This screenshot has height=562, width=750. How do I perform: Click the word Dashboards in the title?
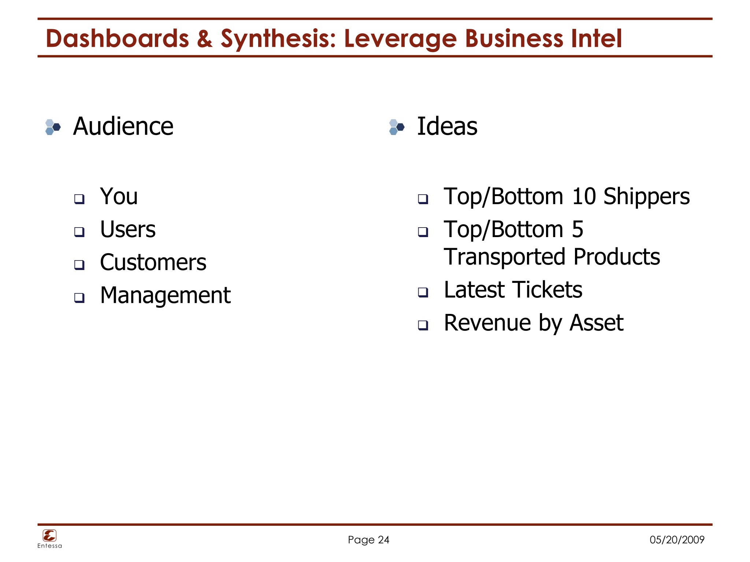(117, 39)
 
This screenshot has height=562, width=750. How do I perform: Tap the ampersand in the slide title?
(204, 39)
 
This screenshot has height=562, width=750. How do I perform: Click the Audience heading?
(123, 126)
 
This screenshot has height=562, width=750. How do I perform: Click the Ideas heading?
(447, 126)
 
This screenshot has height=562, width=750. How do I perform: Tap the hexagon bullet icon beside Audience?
(53, 127)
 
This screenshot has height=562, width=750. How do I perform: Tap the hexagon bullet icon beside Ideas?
(397, 127)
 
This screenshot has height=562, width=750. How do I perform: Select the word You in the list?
(119, 196)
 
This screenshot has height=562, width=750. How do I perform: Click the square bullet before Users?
(79, 232)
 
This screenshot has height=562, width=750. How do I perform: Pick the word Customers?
(153, 262)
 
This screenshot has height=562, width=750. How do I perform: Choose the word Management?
(165, 295)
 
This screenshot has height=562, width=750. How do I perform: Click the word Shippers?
(646, 196)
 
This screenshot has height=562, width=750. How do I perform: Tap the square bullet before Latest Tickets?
(423, 292)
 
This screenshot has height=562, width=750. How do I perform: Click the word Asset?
(597, 323)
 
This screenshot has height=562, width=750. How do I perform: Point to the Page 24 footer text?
(368, 540)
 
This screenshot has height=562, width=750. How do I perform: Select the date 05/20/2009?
(677, 540)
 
